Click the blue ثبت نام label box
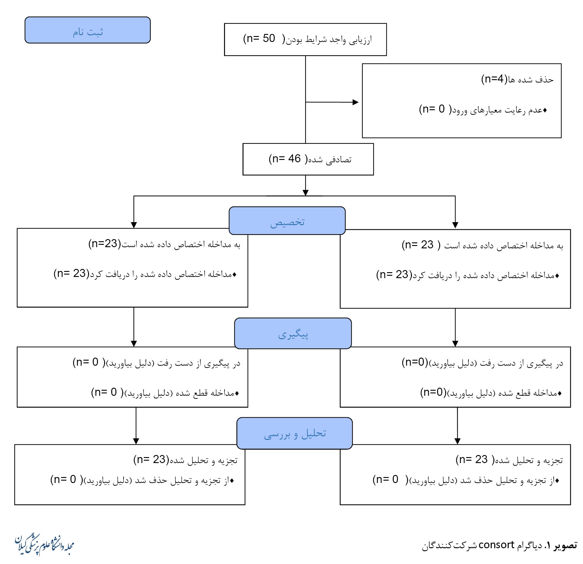87,30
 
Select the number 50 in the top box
269,38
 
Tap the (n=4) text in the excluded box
494,79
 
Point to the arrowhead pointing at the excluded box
355,102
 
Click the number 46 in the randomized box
294,159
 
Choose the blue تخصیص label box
287,221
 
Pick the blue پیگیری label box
293,333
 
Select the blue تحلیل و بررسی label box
294,433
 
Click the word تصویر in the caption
565,545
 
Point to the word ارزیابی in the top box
360,40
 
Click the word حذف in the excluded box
544,80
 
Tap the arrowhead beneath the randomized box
305,192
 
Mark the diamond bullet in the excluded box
545,110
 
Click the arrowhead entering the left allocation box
134,225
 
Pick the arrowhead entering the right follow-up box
455,343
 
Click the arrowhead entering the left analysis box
136,441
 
